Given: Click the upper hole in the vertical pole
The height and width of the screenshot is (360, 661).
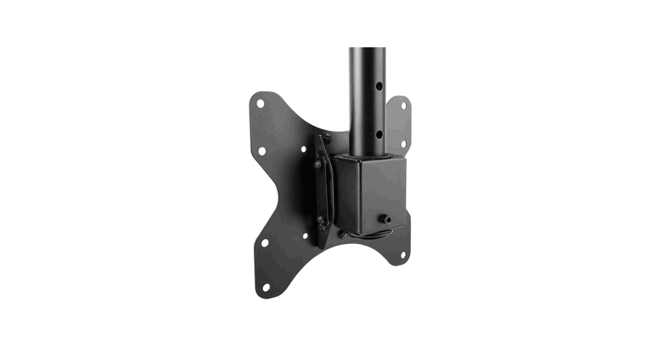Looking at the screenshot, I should coord(379,83).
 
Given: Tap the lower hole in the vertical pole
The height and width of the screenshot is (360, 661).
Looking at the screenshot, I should coord(379,134).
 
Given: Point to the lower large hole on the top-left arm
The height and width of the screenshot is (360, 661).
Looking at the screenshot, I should coord(262,151).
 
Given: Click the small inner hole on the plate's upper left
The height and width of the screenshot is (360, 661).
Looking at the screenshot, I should coord(303,149).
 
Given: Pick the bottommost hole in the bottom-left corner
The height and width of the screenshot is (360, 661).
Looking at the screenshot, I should coord(266,287).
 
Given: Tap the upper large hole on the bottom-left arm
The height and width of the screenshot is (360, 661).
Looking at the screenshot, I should coord(265,242).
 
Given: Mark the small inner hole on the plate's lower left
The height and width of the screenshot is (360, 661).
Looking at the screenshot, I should coord(305,236).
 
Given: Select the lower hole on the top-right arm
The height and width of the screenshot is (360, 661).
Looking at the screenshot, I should coord(404,144).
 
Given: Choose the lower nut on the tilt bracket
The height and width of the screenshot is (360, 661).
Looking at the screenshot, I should coord(320,219).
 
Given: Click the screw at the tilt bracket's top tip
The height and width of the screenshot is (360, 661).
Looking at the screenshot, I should coord(327,139).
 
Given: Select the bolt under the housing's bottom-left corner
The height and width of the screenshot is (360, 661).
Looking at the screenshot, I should coord(342,235).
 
